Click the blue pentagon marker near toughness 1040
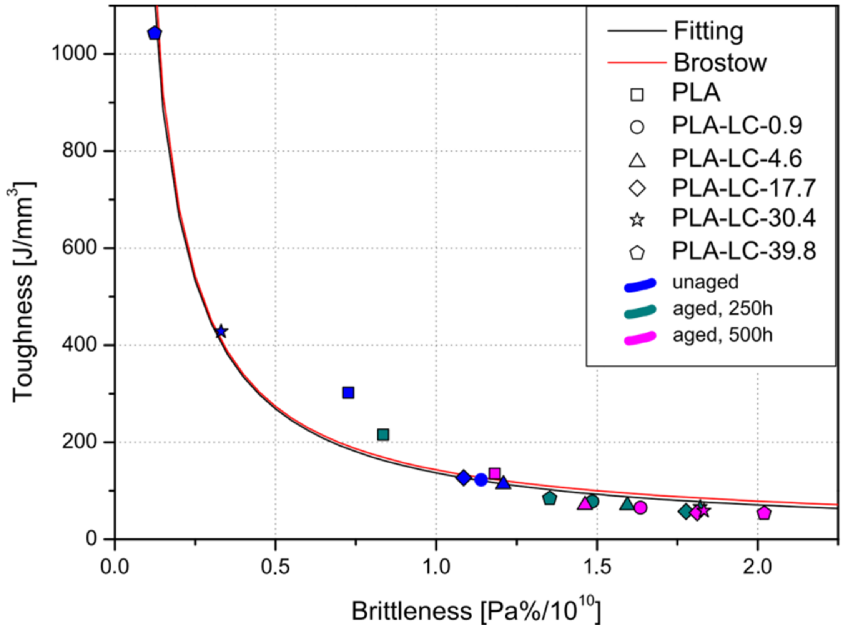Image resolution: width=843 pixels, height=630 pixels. pos(155,33)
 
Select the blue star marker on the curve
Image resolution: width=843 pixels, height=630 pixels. pos(221,331)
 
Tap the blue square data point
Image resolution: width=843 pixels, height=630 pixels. pos(348,393)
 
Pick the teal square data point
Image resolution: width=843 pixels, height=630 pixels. pos(383,435)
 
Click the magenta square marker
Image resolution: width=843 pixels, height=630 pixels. pos(495,473)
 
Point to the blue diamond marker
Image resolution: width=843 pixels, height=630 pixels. pos(463,478)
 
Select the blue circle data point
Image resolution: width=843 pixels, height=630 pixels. pos(481,480)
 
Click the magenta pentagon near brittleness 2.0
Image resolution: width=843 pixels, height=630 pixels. pos(764,513)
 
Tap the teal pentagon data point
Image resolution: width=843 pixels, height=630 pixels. pos(550,498)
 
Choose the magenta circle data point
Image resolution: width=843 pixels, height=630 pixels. pos(640,508)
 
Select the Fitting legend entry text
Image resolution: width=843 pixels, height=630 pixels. pos(708,31)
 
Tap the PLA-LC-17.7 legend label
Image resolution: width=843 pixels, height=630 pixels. pos(743,188)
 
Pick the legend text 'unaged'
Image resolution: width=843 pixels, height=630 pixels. pos(705,282)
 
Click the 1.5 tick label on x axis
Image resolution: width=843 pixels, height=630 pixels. pos(596,567)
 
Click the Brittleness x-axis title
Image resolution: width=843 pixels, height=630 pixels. pos(475,611)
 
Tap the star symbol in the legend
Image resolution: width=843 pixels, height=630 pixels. pos(637,220)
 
